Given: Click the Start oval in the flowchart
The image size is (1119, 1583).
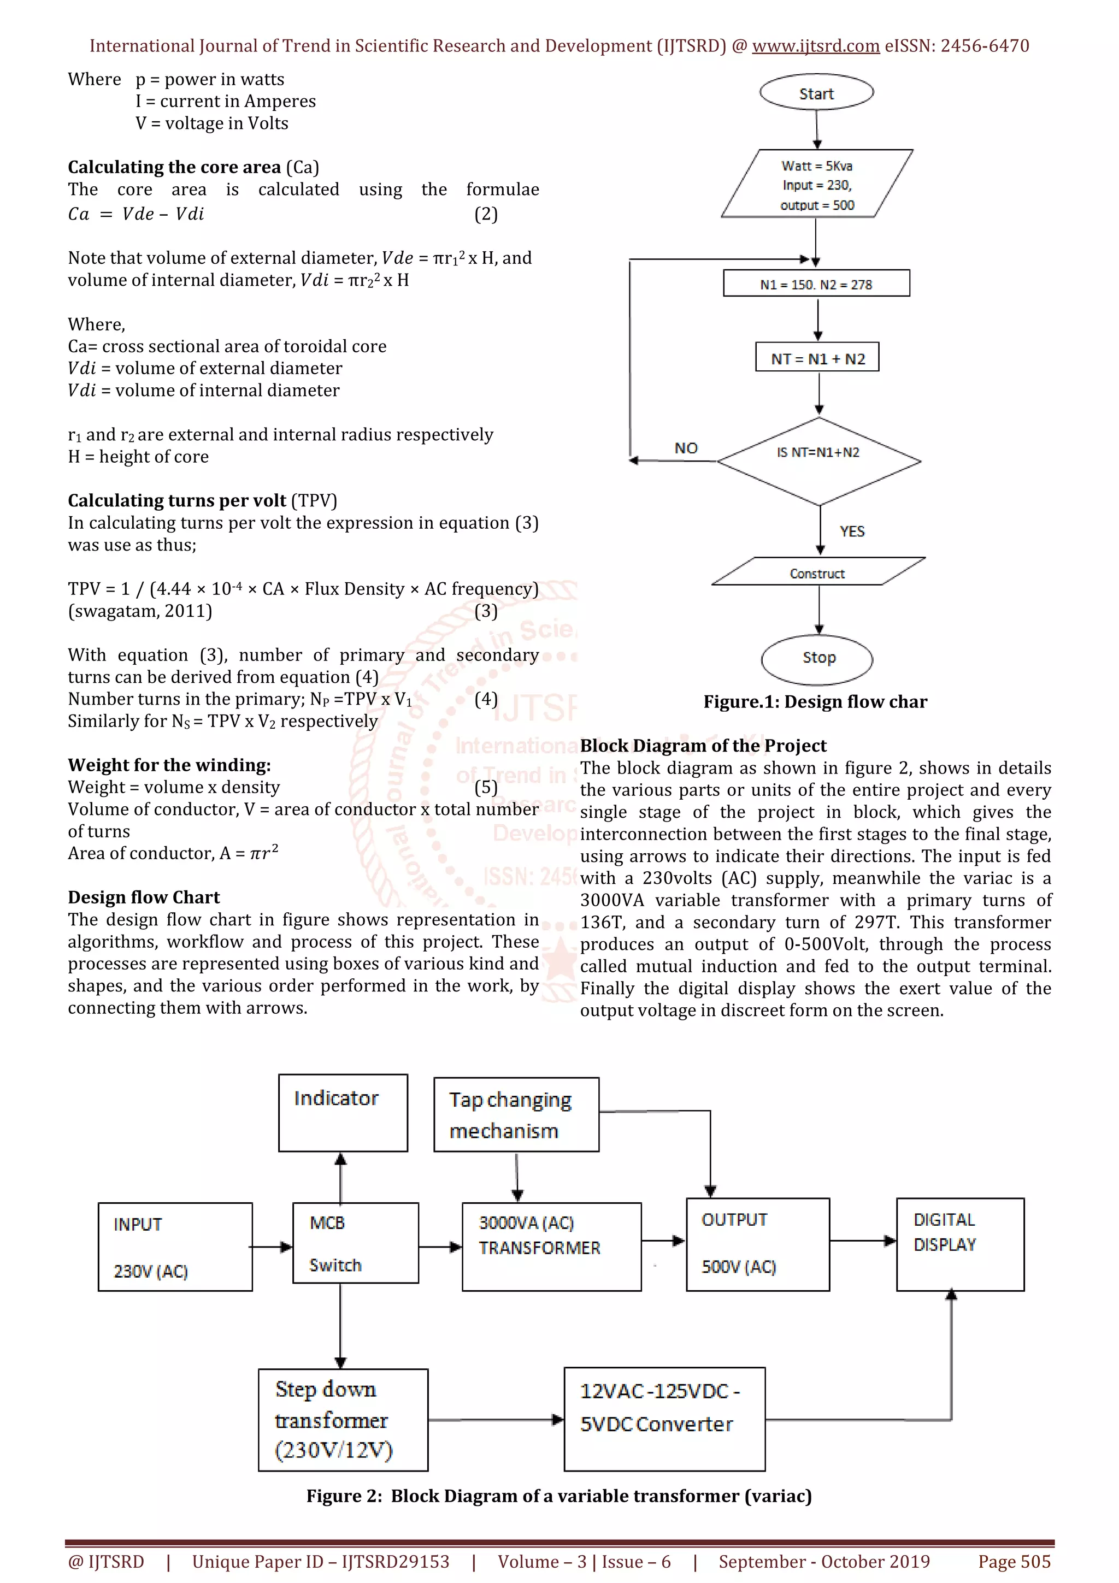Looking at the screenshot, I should click(816, 93).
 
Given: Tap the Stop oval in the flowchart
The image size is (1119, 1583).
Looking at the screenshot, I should click(818, 658).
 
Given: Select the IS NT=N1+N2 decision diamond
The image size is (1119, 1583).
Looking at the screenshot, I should click(818, 460).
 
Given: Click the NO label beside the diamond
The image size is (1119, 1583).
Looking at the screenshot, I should click(686, 448).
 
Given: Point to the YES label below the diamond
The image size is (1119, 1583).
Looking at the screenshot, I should click(852, 531).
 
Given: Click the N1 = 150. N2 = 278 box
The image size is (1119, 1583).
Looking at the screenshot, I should click(816, 283).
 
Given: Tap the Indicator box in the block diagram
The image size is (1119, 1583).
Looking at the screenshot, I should click(343, 1112).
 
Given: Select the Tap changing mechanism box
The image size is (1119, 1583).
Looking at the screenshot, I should click(516, 1114).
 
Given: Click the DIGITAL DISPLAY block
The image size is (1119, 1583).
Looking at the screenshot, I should click(960, 1244).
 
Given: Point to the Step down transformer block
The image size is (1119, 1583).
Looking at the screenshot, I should click(343, 1419).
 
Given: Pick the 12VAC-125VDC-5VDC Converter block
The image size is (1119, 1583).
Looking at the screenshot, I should click(664, 1419).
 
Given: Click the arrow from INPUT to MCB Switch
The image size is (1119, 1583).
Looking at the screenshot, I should click(272, 1247).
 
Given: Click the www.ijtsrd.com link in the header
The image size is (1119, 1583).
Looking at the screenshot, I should click(815, 46).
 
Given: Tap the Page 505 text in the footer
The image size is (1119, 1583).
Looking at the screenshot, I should click(1014, 1562).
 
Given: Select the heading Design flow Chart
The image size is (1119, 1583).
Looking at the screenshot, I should click(143, 897).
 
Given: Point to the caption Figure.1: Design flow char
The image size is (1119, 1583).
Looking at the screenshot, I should click(815, 702).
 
